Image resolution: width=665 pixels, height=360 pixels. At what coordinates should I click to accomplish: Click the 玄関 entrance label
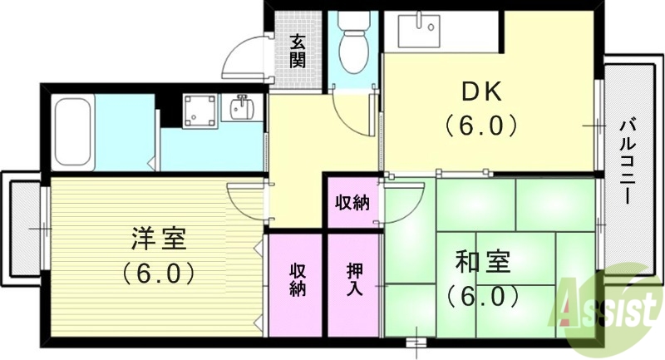[x=297, y=50]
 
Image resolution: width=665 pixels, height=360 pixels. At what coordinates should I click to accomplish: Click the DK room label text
[x=480, y=90]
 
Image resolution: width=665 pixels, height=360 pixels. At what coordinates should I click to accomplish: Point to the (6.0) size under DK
[x=480, y=126]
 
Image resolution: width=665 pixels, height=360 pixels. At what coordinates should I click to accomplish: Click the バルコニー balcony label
[x=628, y=163]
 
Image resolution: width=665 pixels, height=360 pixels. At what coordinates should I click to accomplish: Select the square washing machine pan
[x=199, y=110]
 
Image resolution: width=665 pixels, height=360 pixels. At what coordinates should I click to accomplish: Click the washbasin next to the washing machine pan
[x=243, y=108]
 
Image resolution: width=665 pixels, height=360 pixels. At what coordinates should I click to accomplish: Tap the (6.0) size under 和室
[x=481, y=295]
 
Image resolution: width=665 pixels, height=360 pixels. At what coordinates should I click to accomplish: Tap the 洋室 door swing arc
[x=248, y=204]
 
